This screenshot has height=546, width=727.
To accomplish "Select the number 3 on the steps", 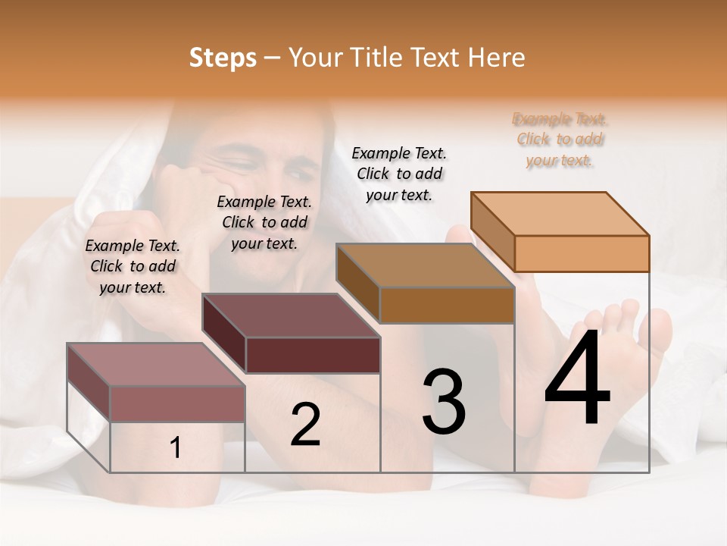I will pyautogui.click(x=443, y=402).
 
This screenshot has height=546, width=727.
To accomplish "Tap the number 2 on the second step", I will pyautogui.click(x=305, y=425).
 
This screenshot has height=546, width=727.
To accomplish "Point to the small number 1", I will pyautogui.click(x=176, y=448).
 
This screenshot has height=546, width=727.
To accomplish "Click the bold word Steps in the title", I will pyautogui.click(x=223, y=58).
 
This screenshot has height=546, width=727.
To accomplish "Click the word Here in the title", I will pyautogui.click(x=497, y=58).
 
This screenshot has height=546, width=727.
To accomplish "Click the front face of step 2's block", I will pyautogui.click(x=313, y=355).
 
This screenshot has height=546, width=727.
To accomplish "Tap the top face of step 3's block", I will pyautogui.click(x=425, y=265).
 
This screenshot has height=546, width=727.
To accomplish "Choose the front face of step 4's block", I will pyautogui.click(x=582, y=253).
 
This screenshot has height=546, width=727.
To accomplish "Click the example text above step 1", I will pyautogui.click(x=133, y=266).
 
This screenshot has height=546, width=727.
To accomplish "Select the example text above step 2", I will pyautogui.click(x=264, y=222).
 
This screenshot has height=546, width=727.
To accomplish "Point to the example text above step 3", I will pyautogui.click(x=399, y=174).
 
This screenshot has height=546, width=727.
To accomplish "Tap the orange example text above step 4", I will pyautogui.click(x=560, y=140).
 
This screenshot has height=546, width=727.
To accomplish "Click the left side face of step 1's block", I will pyautogui.click(x=89, y=383).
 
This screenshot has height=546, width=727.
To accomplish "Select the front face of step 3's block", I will pyautogui.click(x=447, y=305).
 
